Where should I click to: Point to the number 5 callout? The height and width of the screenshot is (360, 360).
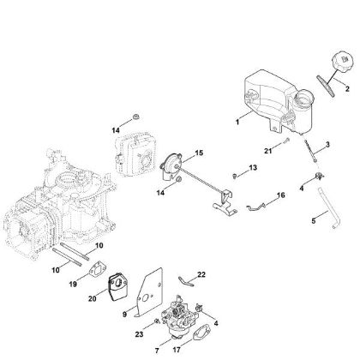tap(313, 222)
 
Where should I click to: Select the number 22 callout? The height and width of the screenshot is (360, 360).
tap(201, 273)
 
